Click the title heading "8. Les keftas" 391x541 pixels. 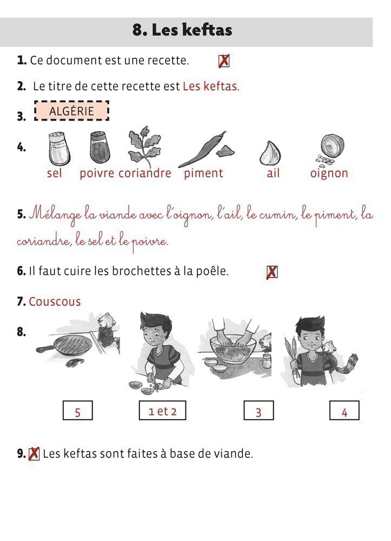coord(182,31)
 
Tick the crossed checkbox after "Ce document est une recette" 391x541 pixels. coord(223,61)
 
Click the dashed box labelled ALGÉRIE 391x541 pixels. coord(71,111)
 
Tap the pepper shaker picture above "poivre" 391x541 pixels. coord(99,148)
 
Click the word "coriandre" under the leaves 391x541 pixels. coord(144,174)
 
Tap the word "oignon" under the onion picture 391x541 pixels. coord(329,174)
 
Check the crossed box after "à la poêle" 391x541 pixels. coord(272,272)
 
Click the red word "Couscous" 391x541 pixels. coord(55,302)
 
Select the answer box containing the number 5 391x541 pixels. coord(78,411)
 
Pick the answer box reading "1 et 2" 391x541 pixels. coord(162,411)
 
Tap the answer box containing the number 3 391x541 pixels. coord(259,411)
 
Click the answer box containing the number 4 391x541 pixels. coord(344,411)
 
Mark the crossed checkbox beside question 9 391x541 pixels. coord(34,453)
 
